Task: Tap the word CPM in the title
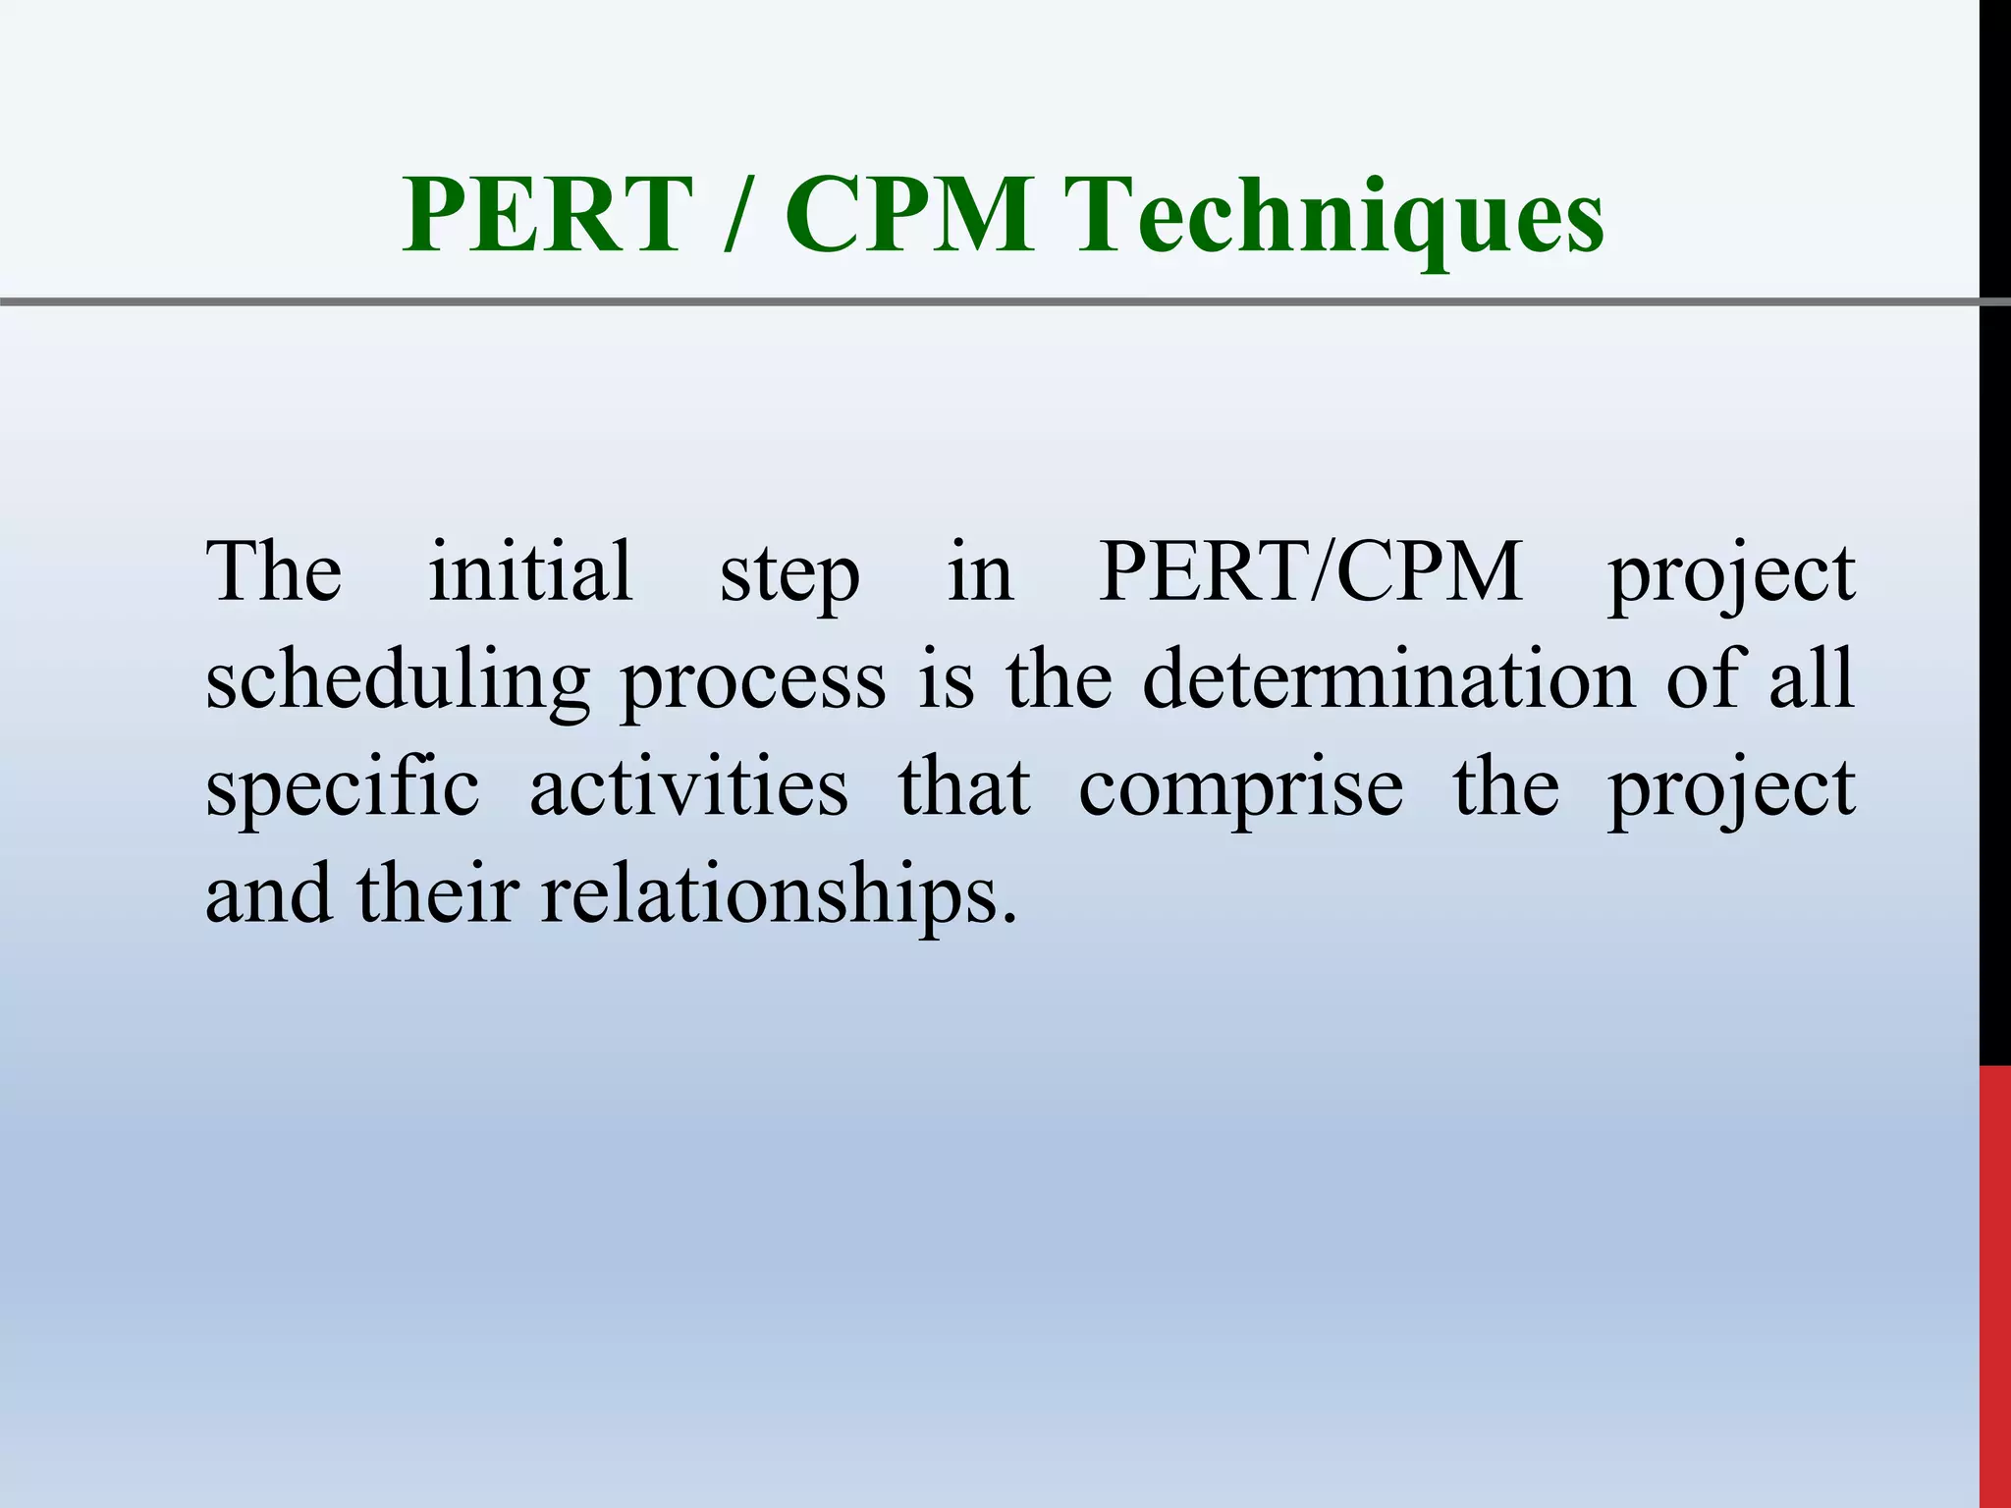(x=908, y=214)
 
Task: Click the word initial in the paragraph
(x=530, y=571)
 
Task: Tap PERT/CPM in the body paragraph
(x=1310, y=571)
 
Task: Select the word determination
(x=1388, y=679)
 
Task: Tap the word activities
(x=688, y=787)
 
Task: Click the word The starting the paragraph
(x=274, y=571)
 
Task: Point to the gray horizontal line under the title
(x=982, y=301)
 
